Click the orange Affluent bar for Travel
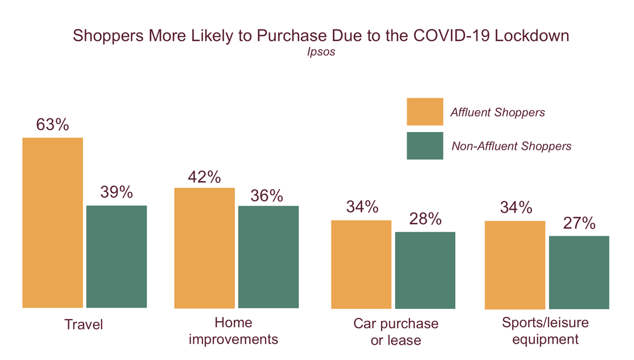click(x=52, y=223)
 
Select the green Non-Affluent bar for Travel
click(x=116, y=256)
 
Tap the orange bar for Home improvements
click(x=204, y=248)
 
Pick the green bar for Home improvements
click(x=268, y=257)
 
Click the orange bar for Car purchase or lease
click(x=361, y=264)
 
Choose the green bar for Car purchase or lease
click(x=425, y=270)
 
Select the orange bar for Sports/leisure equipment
click(x=515, y=265)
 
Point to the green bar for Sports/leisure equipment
click(x=578, y=272)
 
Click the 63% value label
click(x=52, y=124)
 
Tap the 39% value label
click(x=116, y=192)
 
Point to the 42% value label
click(x=204, y=177)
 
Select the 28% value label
click(x=425, y=219)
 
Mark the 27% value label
click(x=578, y=223)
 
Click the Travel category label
click(x=83, y=325)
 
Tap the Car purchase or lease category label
click(x=396, y=332)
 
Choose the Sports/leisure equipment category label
click(x=545, y=331)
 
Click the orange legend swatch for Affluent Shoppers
click(x=425, y=112)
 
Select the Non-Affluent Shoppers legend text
click(x=511, y=146)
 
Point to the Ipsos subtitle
click(x=321, y=53)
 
